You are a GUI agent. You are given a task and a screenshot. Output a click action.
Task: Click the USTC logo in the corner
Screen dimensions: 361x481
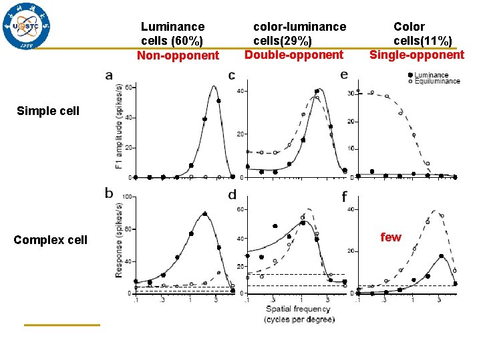click(x=27, y=27)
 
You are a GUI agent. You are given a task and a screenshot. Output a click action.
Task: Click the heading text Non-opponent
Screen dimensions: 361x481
click(x=178, y=55)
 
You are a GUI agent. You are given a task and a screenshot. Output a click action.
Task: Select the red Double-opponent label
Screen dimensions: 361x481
click(x=294, y=55)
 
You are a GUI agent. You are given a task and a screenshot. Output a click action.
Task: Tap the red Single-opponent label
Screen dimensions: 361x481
click(x=417, y=55)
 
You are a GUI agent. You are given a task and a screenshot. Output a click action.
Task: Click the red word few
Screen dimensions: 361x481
click(x=391, y=237)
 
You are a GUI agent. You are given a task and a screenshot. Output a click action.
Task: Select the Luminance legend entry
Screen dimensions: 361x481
click(x=431, y=75)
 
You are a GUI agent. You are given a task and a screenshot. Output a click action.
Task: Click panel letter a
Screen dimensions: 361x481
click(x=109, y=75)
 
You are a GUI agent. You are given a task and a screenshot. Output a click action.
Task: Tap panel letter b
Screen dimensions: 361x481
click(x=109, y=193)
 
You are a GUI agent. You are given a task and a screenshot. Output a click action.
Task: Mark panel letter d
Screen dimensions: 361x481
click(x=232, y=195)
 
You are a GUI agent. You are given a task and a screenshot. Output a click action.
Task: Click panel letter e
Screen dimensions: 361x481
click(x=344, y=74)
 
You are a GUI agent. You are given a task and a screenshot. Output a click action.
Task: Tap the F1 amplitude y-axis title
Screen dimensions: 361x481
click(x=119, y=127)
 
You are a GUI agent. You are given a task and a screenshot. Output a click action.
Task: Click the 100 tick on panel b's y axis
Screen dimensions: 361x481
click(x=127, y=197)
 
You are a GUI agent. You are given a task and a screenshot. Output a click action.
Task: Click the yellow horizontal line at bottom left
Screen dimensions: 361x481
click(x=61, y=325)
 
